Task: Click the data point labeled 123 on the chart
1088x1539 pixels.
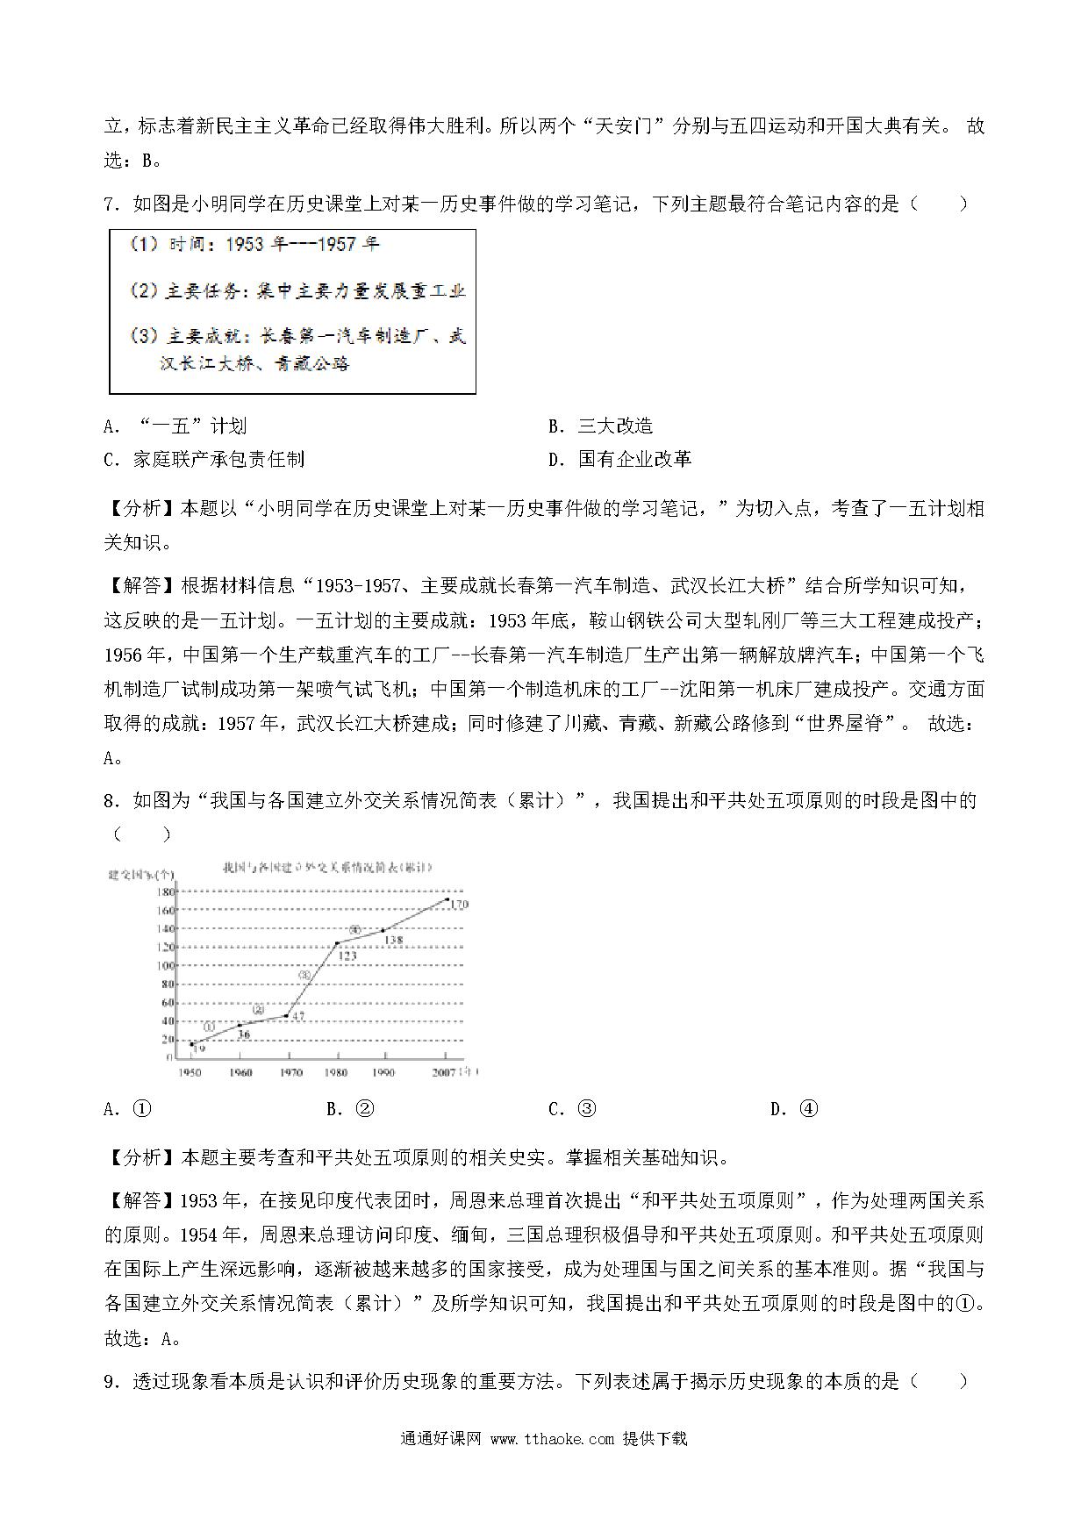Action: click(337, 943)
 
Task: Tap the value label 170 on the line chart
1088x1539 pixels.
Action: click(458, 904)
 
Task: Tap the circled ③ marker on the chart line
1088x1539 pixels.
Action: click(305, 975)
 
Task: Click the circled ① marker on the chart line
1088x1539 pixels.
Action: click(209, 1027)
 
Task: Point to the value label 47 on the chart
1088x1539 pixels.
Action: click(297, 1017)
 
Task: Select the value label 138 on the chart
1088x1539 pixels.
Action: click(393, 940)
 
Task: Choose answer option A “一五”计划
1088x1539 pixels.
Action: click(175, 426)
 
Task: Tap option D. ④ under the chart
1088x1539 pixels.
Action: click(794, 1109)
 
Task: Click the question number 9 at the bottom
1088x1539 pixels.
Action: click(110, 1382)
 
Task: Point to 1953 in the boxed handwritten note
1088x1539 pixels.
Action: click(244, 245)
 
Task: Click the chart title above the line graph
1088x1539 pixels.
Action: click(328, 868)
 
